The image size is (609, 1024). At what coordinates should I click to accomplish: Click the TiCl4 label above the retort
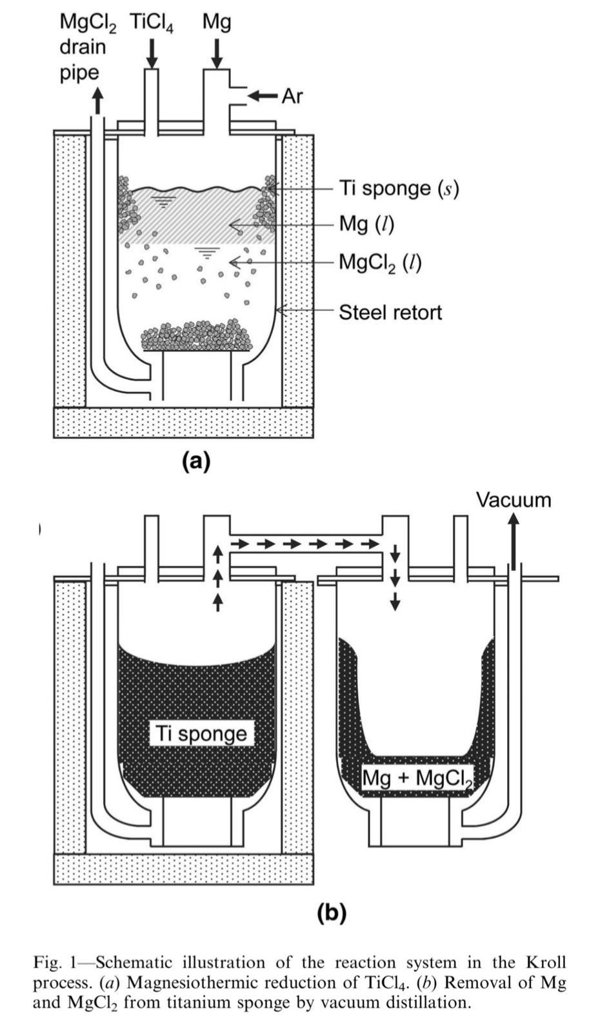pyautogui.click(x=152, y=23)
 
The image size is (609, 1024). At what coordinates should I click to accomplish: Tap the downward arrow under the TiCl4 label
pyautogui.click(x=153, y=53)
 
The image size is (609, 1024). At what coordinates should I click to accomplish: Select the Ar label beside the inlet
pyautogui.click(x=292, y=96)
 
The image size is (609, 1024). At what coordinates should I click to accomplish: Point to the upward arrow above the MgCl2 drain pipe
pyautogui.click(x=97, y=100)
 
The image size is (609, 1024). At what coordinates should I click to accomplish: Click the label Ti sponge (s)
pyautogui.click(x=399, y=188)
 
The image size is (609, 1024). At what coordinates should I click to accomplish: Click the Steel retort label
pyautogui.click(x=390, y=313)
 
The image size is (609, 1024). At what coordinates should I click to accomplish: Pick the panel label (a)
pyautogui.click(x=196, y=461)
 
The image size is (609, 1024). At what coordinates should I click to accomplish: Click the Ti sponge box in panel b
pyautogui.click(x=201, y=734)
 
